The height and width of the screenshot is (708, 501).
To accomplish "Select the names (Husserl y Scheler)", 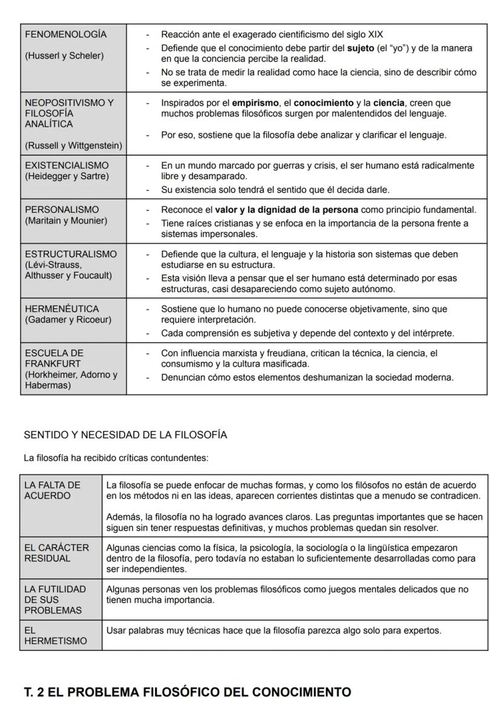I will coord(64,56).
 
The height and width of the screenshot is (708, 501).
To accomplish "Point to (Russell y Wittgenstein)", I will coord(73,145).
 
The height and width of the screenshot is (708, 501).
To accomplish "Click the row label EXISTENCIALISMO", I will coord(67,165).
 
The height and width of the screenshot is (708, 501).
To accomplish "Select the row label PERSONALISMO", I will coord(62,210).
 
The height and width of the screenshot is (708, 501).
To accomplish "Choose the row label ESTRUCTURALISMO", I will coord(71,254).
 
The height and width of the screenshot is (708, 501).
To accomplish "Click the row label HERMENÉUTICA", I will coord(62,309).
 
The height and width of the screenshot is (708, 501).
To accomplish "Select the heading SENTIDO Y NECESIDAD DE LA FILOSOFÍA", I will coord(125,435).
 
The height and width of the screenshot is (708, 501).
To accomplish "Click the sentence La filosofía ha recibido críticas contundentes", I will coord(116,458).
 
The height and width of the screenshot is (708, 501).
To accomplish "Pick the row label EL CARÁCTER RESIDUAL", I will coord(56,552).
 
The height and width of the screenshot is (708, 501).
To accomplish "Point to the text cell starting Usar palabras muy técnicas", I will coord(273,630).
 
